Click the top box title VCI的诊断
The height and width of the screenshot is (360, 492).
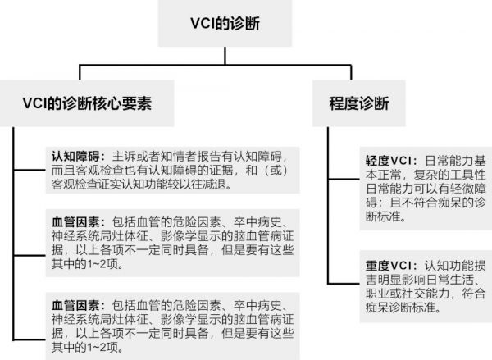point(225,24)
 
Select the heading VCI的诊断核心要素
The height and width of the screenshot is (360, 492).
point(87,103)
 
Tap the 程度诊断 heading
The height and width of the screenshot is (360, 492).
point(359,103)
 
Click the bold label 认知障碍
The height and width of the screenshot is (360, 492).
point(75,156)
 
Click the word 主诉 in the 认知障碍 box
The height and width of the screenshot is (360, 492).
point(124,156)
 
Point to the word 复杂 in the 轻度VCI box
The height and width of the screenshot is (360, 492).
point(425,175)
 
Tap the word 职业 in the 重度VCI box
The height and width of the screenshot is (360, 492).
point(377,294)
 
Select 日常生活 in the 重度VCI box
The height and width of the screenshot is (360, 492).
point(449,280)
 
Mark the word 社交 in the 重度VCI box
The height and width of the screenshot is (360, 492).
point(413,294)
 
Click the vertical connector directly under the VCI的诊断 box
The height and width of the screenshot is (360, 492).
point(225,56)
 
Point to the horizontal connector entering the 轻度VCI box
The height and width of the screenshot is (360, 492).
point(344,180)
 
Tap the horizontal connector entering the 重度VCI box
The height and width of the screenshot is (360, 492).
point(344,284)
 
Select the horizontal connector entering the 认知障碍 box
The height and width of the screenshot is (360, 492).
point(30,170)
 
